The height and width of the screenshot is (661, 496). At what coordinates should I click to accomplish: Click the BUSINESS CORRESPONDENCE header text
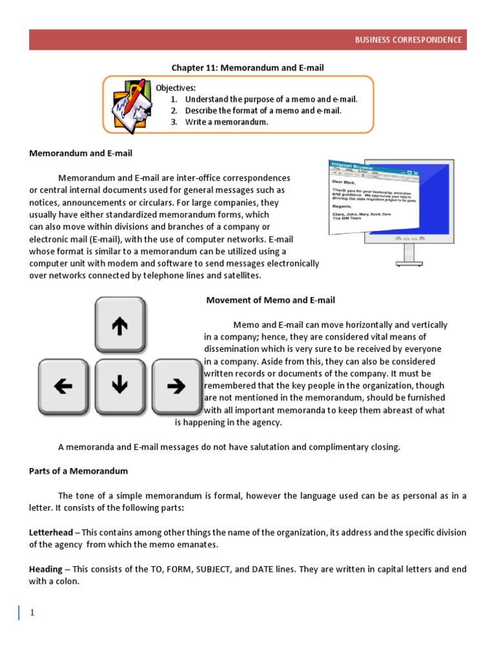pos(408,40)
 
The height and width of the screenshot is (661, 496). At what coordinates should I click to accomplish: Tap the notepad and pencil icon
pos(132,104)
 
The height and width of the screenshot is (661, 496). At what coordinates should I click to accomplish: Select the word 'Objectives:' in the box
pos(176,88)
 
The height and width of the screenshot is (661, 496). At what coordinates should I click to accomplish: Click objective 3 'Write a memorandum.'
pos(226,122)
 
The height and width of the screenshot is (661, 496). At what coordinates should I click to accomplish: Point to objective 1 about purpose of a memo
pos(271,99)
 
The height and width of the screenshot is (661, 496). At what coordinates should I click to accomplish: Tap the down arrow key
pos(119,386)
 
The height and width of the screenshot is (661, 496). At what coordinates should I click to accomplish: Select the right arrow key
pos(176,386)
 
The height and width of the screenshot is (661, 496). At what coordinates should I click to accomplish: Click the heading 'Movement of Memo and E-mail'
pos(271,300)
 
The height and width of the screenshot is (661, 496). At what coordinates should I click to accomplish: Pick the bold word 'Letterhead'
pos(50,533)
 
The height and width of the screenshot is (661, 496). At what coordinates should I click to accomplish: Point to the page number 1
pos(31,613)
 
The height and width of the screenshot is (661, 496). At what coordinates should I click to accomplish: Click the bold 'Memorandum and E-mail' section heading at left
pos(81,153)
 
